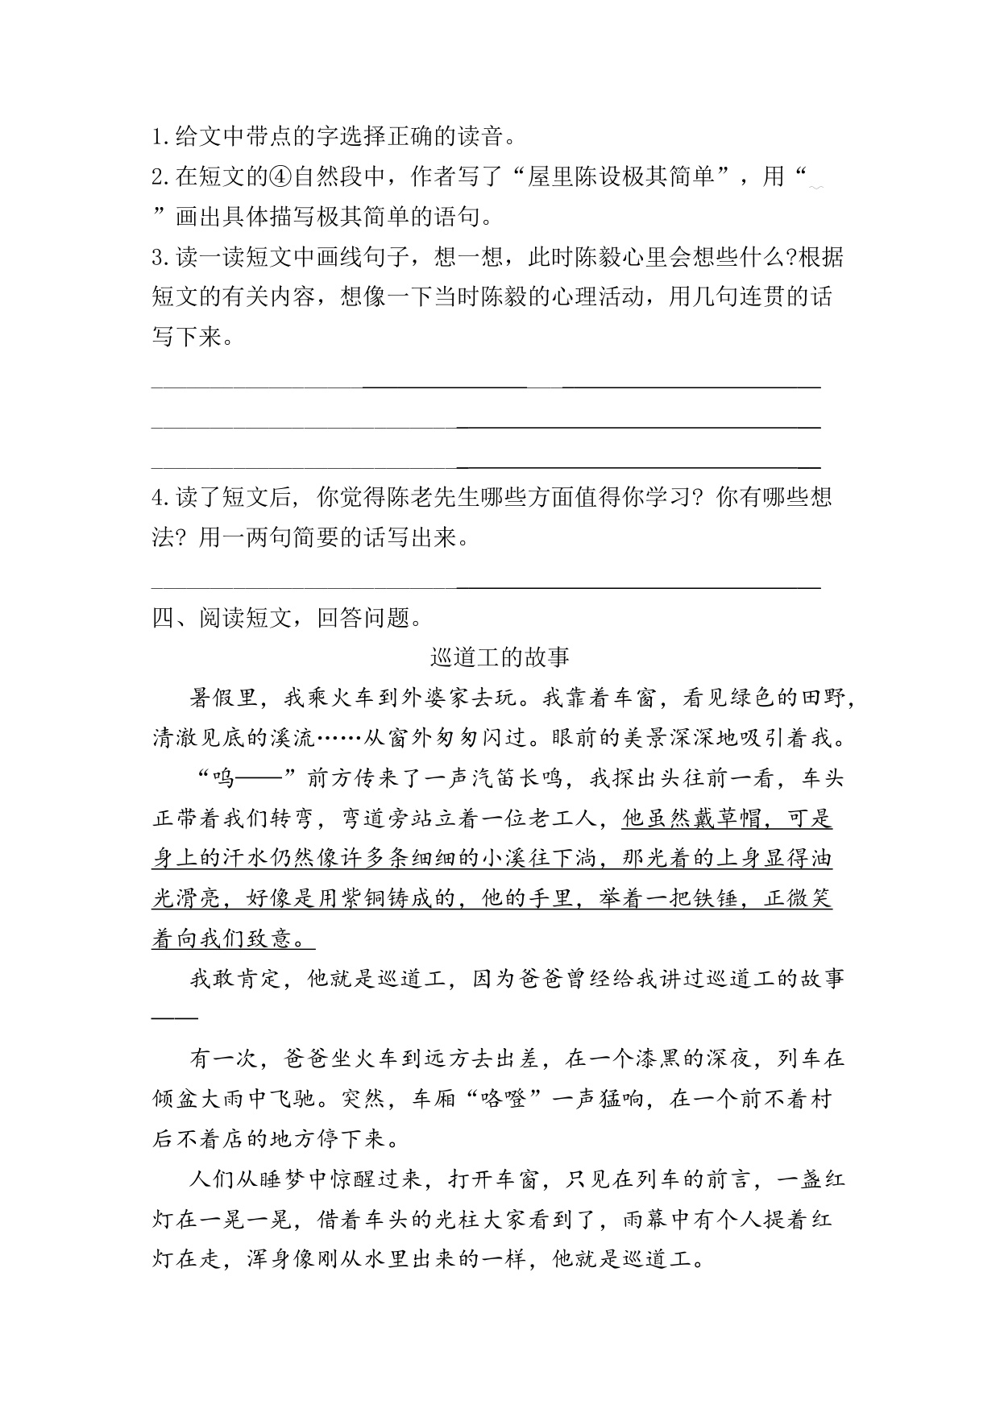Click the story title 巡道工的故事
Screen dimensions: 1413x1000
click(500, 657)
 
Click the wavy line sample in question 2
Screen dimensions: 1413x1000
click(815, 187)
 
